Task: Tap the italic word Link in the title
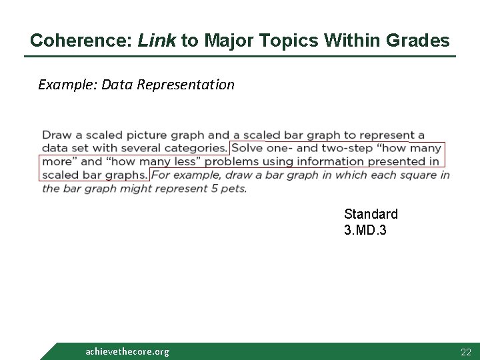pyautogui.click(x=157, y=41)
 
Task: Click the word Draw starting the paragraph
pyautogui.click(x=55, y=135)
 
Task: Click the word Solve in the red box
pyautogui.click(x=247, y=148)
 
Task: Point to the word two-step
pyautogui.click(x=341, y=148)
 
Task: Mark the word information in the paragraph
pyautogui.click(x=328, y=161)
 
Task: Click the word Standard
pyautogui.click(x=371, y=214)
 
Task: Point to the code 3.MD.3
pyautogui.click(x=365, y=230)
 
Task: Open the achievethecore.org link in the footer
pyautogui.click(x=127, y=351)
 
